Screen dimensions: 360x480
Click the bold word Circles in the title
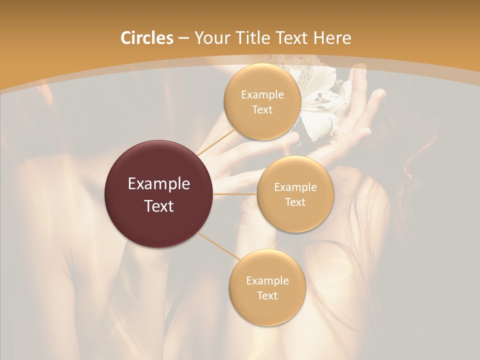click(146, 38)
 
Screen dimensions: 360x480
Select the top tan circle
click(262, 102)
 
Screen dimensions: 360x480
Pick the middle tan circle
click(295, 194)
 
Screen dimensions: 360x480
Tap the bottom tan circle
click(267, 287)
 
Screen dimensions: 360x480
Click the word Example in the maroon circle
click(159, 184)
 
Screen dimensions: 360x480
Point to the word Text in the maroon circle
click(159, 205)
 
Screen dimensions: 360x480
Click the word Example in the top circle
click(262, 95)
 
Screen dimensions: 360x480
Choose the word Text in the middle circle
click(295, 202)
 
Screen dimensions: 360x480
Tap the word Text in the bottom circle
click(267, 295)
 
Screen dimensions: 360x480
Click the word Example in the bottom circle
click(267, 280)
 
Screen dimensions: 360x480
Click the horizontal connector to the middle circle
click(235, 194)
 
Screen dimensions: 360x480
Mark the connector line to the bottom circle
click(218, 246)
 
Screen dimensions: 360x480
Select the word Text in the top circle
click(262, 109)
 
